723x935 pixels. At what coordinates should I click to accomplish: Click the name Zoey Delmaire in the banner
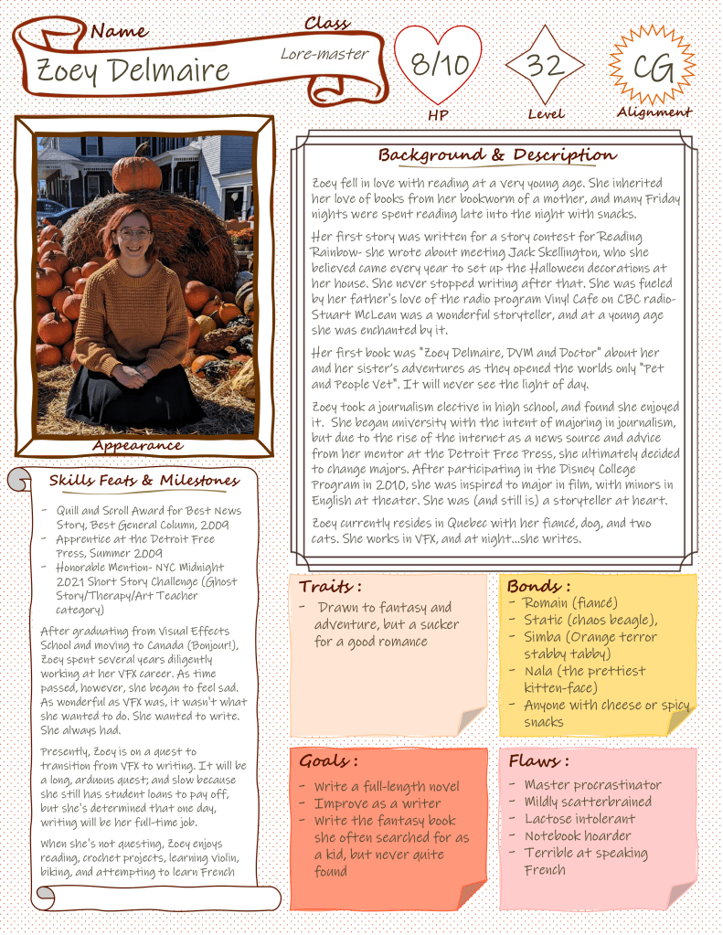point(133,69)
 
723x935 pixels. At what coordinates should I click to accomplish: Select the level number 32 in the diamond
point(546,65)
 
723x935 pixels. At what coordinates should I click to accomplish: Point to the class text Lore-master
point(324,54)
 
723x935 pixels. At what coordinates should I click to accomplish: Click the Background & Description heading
point(497,154)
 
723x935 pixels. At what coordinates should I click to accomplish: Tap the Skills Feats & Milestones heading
point(144,480)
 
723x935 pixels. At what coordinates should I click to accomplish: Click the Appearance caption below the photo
point(137,445)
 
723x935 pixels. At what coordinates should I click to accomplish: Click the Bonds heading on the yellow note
point(538,586)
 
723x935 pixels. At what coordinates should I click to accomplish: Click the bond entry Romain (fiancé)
point(570,603)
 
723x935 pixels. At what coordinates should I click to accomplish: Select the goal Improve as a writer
point(377,803)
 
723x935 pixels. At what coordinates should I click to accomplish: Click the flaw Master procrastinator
point(592,785)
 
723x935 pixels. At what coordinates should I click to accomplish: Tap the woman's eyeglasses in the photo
point(133,234)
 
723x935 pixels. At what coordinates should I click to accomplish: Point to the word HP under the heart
point(438,116)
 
